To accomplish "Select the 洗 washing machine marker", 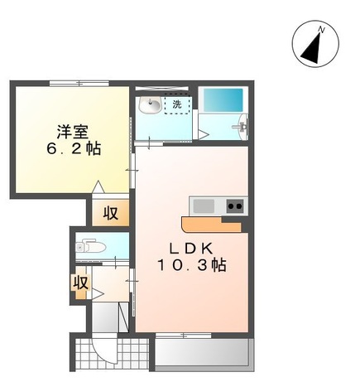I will click(177, 105).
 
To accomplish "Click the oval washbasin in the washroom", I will click(149, 104).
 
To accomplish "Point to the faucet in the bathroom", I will click(242, 127).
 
